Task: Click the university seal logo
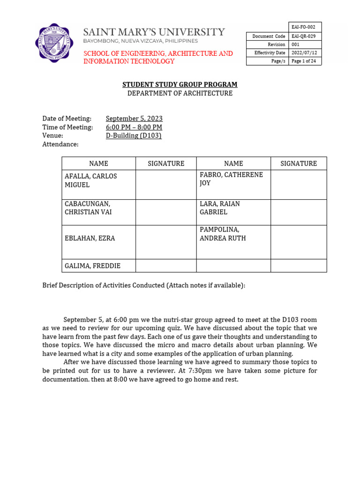tap(54, 43)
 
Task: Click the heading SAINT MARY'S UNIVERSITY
tap(154, 32)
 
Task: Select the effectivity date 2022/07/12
tap(305, 53)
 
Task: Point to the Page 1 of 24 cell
tap(305, 61)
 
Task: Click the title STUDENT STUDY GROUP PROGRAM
tap(180, 84)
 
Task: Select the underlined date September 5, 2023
tap(134, 119)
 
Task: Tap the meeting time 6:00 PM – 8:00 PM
tap(134, 127)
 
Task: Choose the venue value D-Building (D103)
tap(133, 135)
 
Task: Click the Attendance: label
tap(60, 144)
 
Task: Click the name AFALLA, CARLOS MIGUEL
tap(90, 180)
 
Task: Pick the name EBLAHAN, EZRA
tap(90, 238)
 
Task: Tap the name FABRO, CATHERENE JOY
tap(231, 179)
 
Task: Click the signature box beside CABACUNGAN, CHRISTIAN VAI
tap(165, 212)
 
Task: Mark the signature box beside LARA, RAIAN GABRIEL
tap(298, 212)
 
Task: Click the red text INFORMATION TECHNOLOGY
tap(128, 61)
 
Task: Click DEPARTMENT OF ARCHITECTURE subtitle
tap(180, 93)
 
